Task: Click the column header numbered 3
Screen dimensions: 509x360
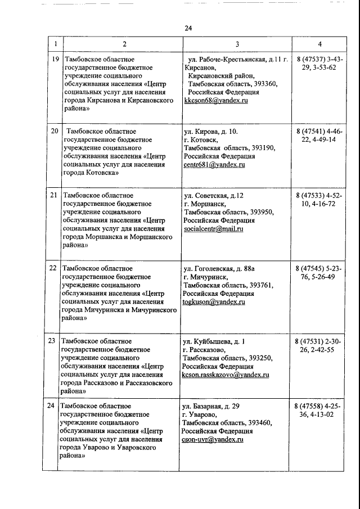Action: pos(237,44)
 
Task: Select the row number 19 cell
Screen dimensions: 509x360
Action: pos(55,58)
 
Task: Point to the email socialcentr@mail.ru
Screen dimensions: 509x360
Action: pos(213,229)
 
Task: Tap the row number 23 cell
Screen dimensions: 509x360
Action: pos(52,341)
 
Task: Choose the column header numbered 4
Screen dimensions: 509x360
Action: pos(319,44)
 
